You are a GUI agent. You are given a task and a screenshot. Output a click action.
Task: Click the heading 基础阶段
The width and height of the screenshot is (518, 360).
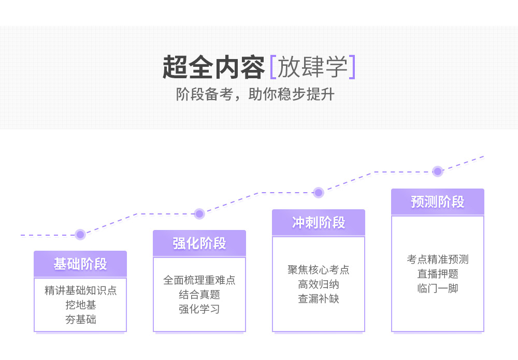click(x=80, y=264)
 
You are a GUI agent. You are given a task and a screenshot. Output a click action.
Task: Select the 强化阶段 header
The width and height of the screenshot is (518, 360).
click(x=199, y=243)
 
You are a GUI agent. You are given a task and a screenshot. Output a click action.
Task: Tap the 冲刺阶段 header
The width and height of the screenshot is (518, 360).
click(x=319, y=223)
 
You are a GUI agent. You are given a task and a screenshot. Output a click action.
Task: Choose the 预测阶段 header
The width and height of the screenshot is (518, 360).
click(x=438, y=202)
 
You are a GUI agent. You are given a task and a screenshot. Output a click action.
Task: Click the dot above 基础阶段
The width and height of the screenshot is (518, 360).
click(x=80, y=235)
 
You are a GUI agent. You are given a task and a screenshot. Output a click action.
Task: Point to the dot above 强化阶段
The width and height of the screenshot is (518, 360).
click(x=199, y=213)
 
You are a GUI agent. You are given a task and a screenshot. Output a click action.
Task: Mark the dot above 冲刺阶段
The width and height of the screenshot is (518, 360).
click(x=319, y=193)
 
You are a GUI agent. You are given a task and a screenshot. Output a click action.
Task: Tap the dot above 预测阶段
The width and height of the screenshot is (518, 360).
click(x=438, y=171)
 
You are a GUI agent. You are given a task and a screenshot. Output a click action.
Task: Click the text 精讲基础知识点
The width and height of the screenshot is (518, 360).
click(x=80, y=291)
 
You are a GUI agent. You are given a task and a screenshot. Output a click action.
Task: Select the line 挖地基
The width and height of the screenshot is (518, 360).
click(x=80, y=305)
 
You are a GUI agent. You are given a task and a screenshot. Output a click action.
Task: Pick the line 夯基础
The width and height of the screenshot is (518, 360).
click(x=80, y=320)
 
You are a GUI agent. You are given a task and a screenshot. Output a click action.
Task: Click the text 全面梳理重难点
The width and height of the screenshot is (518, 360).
click(x=199, y=280)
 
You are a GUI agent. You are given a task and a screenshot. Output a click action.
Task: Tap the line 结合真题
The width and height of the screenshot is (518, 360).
click(x=199, y=295)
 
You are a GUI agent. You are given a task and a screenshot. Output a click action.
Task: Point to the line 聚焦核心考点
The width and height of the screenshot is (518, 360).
click(x=319, y=270)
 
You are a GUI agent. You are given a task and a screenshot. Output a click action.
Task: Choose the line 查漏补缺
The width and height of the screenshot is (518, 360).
click(x=319, y=299)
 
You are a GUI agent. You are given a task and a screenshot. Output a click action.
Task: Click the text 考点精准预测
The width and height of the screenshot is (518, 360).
click(x=438, y=260)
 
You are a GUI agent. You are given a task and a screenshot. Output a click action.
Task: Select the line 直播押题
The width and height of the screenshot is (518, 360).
click(x=438, y=274)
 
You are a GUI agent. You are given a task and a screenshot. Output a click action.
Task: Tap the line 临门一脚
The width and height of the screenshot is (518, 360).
click(x=438, y=289)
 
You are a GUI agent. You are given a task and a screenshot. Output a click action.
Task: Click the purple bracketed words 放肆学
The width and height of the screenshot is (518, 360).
click(x=312, y=67)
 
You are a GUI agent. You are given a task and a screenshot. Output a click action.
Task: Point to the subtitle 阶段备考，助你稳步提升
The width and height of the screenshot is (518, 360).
click(x=255, y=95)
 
